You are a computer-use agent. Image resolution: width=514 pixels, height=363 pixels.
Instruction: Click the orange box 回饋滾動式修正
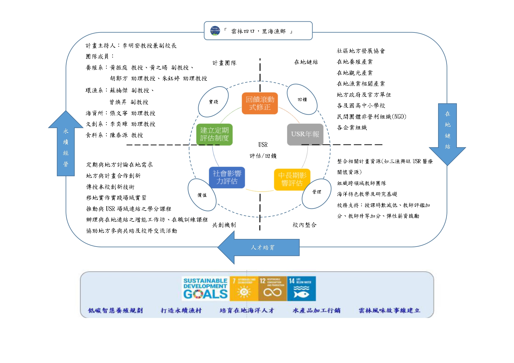(259, 103)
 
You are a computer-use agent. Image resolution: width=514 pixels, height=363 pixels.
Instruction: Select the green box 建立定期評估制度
(214, 134)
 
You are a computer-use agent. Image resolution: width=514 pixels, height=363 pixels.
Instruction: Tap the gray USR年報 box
(305, 134)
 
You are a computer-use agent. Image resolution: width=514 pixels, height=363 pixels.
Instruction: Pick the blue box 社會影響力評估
(227, 177)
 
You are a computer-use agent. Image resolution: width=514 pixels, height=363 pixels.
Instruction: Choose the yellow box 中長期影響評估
(292, 179)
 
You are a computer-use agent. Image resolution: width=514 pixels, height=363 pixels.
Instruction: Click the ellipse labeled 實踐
(213, 102)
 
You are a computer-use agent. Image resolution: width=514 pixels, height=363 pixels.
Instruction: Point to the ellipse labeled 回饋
(302, 99)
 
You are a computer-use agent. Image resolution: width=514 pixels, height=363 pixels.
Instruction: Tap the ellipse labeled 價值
(202, 195)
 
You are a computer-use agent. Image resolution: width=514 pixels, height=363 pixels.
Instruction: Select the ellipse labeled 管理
(316, 192)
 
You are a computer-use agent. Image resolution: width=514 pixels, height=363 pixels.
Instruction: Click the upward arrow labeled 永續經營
(66, 146)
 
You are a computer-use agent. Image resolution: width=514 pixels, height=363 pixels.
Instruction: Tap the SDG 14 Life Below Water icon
(301, 289)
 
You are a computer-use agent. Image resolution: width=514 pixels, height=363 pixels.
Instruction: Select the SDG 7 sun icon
(244, 289)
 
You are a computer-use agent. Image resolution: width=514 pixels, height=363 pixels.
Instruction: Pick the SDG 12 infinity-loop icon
(272, 289)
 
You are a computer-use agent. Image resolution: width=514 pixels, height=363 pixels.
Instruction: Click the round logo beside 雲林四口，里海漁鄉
(215, 31)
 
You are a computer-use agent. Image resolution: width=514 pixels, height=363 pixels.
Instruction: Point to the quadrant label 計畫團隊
(224, 63)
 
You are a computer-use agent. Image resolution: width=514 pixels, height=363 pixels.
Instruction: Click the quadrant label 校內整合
(305, 225)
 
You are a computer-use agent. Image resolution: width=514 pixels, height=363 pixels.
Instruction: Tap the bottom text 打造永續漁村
(181, 310)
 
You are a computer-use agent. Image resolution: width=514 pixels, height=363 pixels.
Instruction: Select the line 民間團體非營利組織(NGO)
(371, 117)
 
